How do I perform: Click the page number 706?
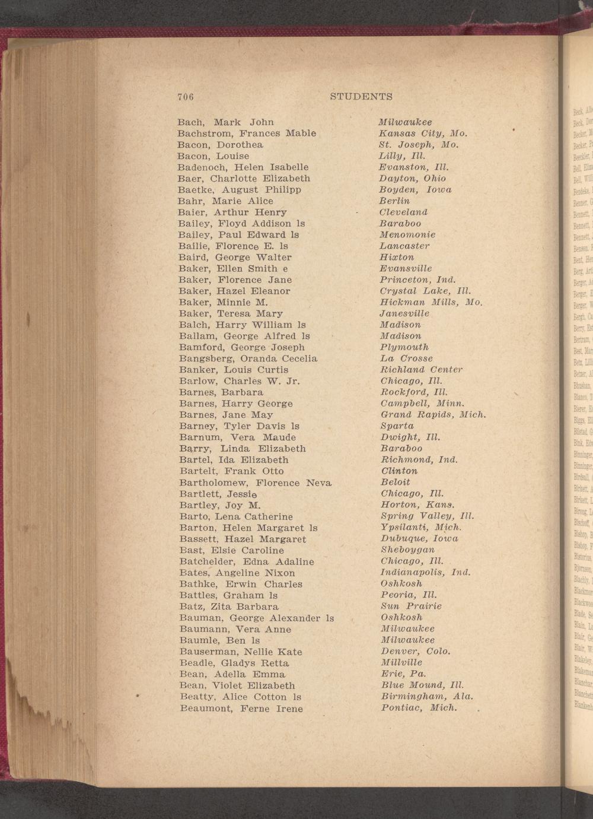pos(186,97)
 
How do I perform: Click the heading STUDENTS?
pos(361,96)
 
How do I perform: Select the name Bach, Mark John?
pos(225,122)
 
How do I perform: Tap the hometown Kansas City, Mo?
pos(423,133)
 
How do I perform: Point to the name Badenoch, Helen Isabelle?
pos(243,167)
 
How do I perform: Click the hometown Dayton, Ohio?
pos(413,178)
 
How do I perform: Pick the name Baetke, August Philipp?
pos(240,190)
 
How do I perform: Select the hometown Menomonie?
pos(407,234)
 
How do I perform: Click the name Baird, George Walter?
pos(235,258)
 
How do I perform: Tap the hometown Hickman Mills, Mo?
pos(431,302)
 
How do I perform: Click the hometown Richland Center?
pos(421,370)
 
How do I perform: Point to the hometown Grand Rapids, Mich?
pos(433,414)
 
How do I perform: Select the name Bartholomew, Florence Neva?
pos(255,482)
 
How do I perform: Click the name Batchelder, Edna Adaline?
pos(246,561)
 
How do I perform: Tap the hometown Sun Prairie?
pos(411,606)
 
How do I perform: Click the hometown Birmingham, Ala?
pos(426,696)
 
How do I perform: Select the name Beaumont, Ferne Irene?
pos(241,709)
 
